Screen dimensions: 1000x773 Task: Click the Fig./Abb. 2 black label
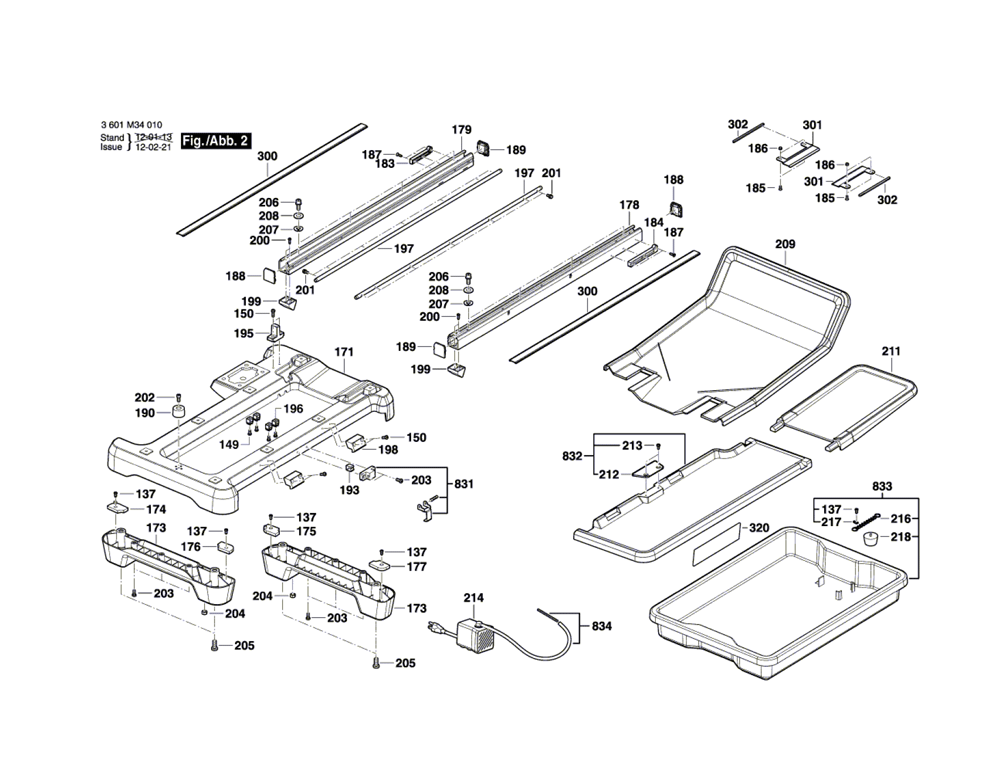tap(216, 141)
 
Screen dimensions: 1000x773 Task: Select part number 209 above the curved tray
tap(785, 244)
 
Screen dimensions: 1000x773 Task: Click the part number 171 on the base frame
tap(344, 352)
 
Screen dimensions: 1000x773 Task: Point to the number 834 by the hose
tap(601, 626)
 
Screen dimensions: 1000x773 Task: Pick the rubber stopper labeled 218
tap(871, 538)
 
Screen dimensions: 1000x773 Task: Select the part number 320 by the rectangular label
tap(759, 528)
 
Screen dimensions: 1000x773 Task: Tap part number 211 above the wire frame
tap(891, 351)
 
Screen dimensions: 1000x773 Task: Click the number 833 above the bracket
tap(882, 487)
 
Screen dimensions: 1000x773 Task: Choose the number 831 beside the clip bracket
tap(464, 485)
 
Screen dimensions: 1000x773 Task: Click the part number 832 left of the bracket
tap(572, 456)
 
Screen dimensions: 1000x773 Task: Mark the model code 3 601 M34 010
tap(131, 125)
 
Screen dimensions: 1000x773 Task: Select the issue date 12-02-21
tap(154, 147)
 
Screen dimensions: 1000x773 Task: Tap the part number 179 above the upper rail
tap(462, 130)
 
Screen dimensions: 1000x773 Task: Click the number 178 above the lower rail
tap(629, 205)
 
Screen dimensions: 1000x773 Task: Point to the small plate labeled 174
tap(117, 508)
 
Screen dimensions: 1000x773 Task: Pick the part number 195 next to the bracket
tap(244, 334)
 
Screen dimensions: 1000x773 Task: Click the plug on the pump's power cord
tap(435, 629)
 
